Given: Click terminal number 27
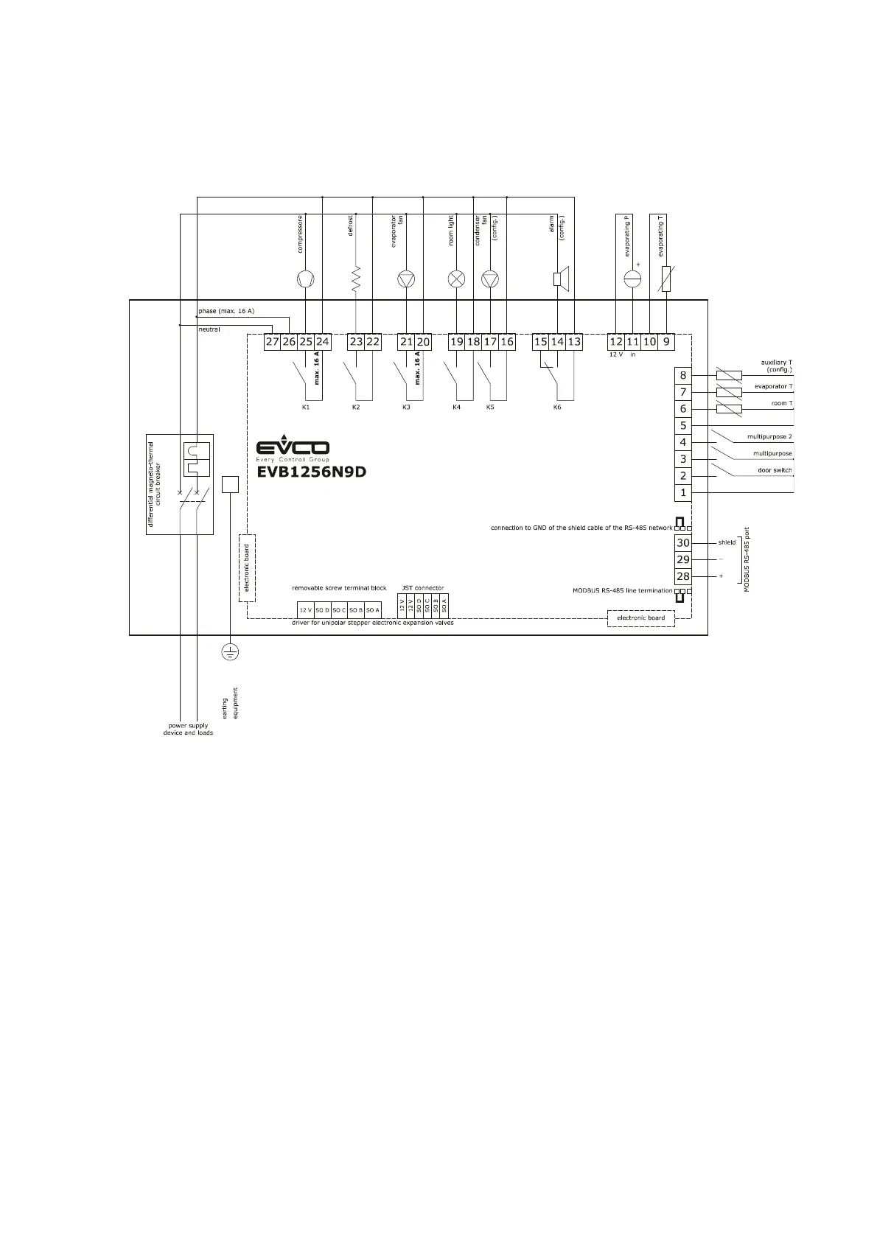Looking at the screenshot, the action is click(273, 342).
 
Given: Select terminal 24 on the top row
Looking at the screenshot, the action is click(323, 342).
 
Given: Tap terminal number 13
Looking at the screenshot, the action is click(574, 342).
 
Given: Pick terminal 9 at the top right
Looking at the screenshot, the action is click(666, 342).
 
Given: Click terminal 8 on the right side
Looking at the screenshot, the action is click(683, 375).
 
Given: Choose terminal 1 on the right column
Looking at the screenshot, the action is click(683, 492).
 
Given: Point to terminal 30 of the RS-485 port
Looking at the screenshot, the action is click(683, 543).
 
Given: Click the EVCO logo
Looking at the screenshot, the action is click(293, 449).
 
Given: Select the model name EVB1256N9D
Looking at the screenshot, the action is click(311, 472).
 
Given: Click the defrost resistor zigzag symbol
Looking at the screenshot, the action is click(356, 279).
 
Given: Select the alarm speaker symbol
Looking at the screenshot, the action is click(559, 279).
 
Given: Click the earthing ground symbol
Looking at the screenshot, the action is click(231, 651).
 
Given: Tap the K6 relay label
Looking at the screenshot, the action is click(557, 407).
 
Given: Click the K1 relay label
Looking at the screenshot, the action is click(306, 407).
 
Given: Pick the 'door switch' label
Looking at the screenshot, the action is click(775, 470).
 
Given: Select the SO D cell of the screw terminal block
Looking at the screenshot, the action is click(323, 610).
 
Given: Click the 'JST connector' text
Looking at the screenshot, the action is click(423, 588).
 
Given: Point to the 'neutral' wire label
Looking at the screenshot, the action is click(209, 329).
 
